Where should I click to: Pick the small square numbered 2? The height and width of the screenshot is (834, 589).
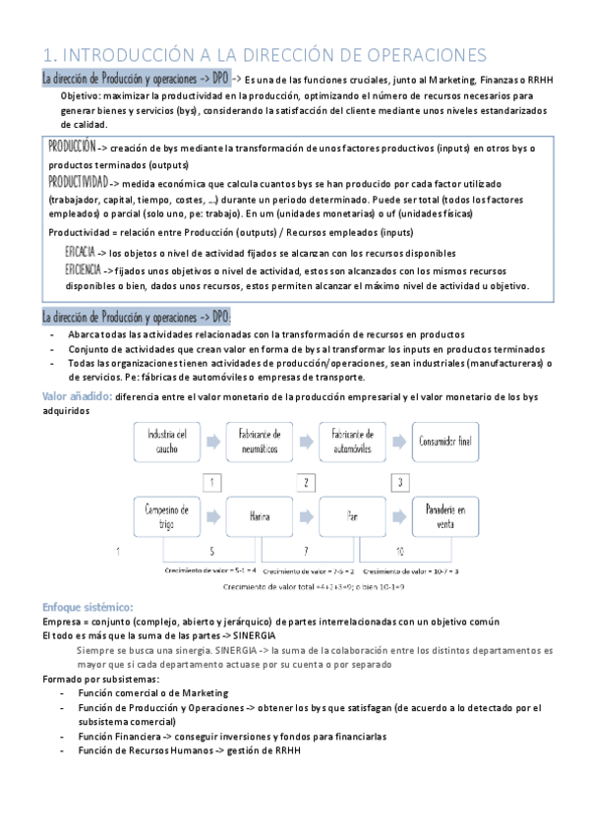click(307, 482)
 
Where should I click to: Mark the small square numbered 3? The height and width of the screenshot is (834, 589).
click(400, 482)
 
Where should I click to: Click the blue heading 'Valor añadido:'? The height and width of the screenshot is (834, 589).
click(76, 396)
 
